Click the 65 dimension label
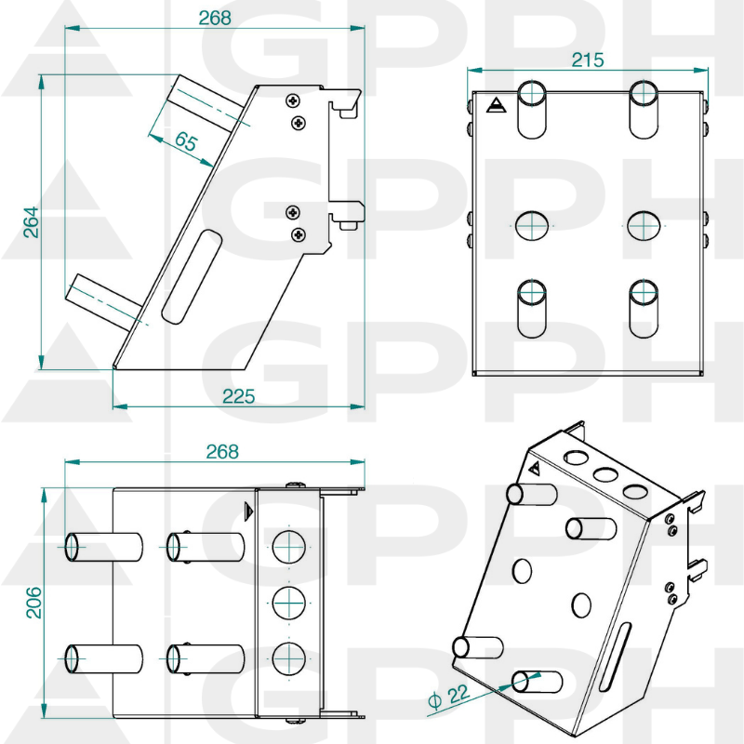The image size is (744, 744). [x=186, y=141]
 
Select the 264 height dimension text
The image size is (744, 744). [x=32, y=221]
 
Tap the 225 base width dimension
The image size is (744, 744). [x=238, y=396]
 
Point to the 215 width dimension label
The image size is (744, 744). [x=587, y=60]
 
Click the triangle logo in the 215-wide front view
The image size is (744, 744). [x=494, y=106]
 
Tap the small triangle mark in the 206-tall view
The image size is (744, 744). [x=247, y=511]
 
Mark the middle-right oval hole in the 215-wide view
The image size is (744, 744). [x=644, y=225]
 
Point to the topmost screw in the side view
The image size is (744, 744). [x=294, y=100]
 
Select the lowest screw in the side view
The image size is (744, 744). [x=298, y=234]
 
